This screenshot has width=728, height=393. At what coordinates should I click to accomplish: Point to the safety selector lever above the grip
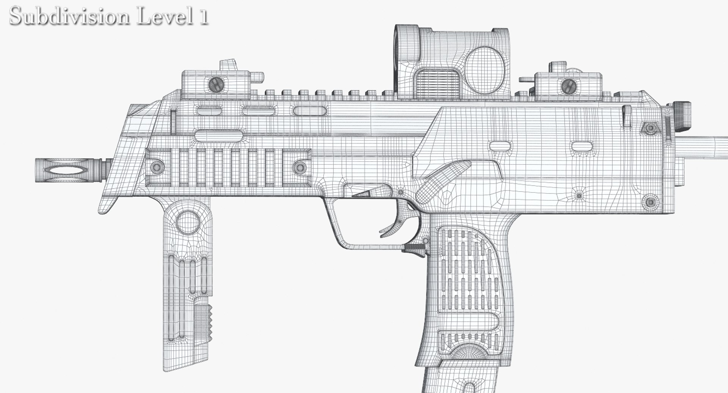[x=443, y=181]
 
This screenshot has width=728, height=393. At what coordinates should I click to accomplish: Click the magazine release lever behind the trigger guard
[x=415, y=248]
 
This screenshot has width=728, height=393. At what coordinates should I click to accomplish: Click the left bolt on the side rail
[x=156, y=166]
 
